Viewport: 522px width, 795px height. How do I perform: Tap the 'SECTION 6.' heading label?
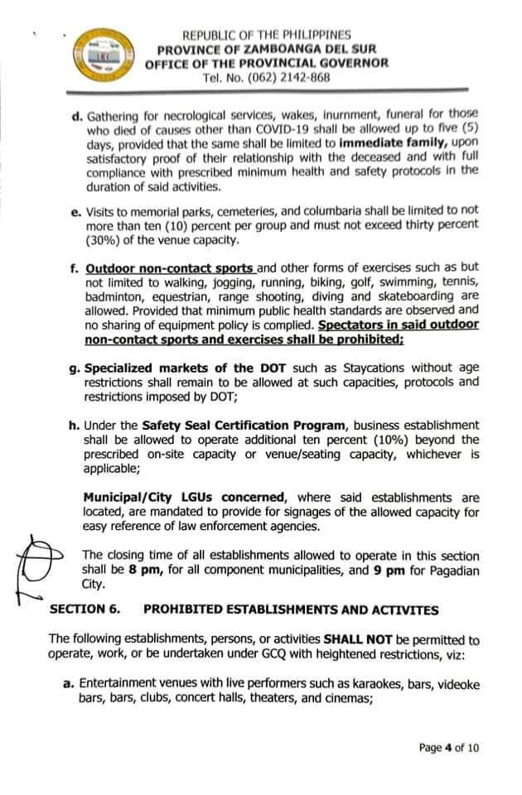[85, 609]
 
